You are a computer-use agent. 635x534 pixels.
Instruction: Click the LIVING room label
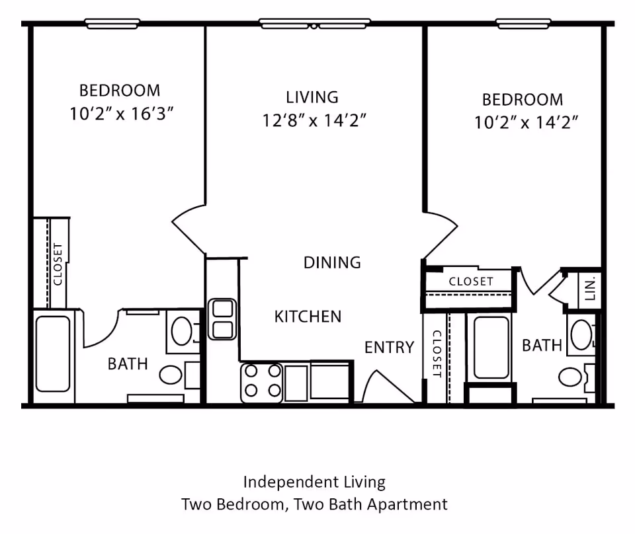coord(312,97)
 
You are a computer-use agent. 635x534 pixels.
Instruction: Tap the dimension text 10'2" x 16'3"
coord(121,113)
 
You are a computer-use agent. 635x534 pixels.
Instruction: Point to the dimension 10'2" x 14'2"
coord(527,122)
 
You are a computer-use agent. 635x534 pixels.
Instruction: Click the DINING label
coord(332,262)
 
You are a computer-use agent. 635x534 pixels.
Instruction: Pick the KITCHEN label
coord(308,317)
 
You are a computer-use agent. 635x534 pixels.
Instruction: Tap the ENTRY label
coord(389,347)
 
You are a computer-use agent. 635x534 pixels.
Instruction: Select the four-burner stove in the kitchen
coord(261,382)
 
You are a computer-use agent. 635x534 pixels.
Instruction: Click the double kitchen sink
coord(222,319)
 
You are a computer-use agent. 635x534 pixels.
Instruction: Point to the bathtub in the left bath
coord(53,354)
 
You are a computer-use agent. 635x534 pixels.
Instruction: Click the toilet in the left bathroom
coord(171,375)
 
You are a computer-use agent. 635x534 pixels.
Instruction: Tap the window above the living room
coord(314,24)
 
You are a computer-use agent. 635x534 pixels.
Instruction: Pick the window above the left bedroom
coord(112,24)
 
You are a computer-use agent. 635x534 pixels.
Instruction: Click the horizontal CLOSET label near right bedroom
coord(471,281)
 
